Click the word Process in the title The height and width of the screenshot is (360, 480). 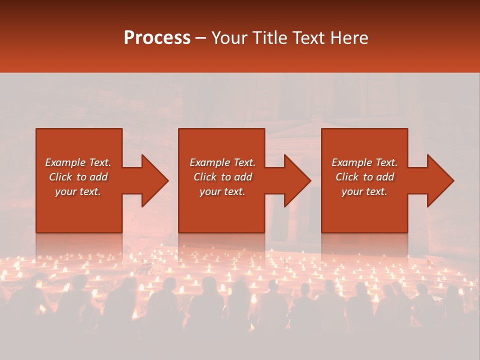(x=157, y=38)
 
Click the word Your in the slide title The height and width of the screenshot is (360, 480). (x=228, y=38)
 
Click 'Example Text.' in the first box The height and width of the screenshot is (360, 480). (x=78, y=162)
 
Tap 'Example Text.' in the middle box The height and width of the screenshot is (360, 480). (x=222, y=162)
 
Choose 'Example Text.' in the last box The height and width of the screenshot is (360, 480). (x=364, y=162)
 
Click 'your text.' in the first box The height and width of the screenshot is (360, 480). (x=78, y=191)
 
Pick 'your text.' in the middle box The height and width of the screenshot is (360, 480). (x=222, y=191)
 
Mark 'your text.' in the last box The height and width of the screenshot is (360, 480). (x=364, y=191)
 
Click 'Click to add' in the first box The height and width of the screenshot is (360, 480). (x=78, y=177)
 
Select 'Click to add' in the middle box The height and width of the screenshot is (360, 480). (x=222, y=177)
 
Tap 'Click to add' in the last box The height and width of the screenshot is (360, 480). (x=364, y=177)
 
